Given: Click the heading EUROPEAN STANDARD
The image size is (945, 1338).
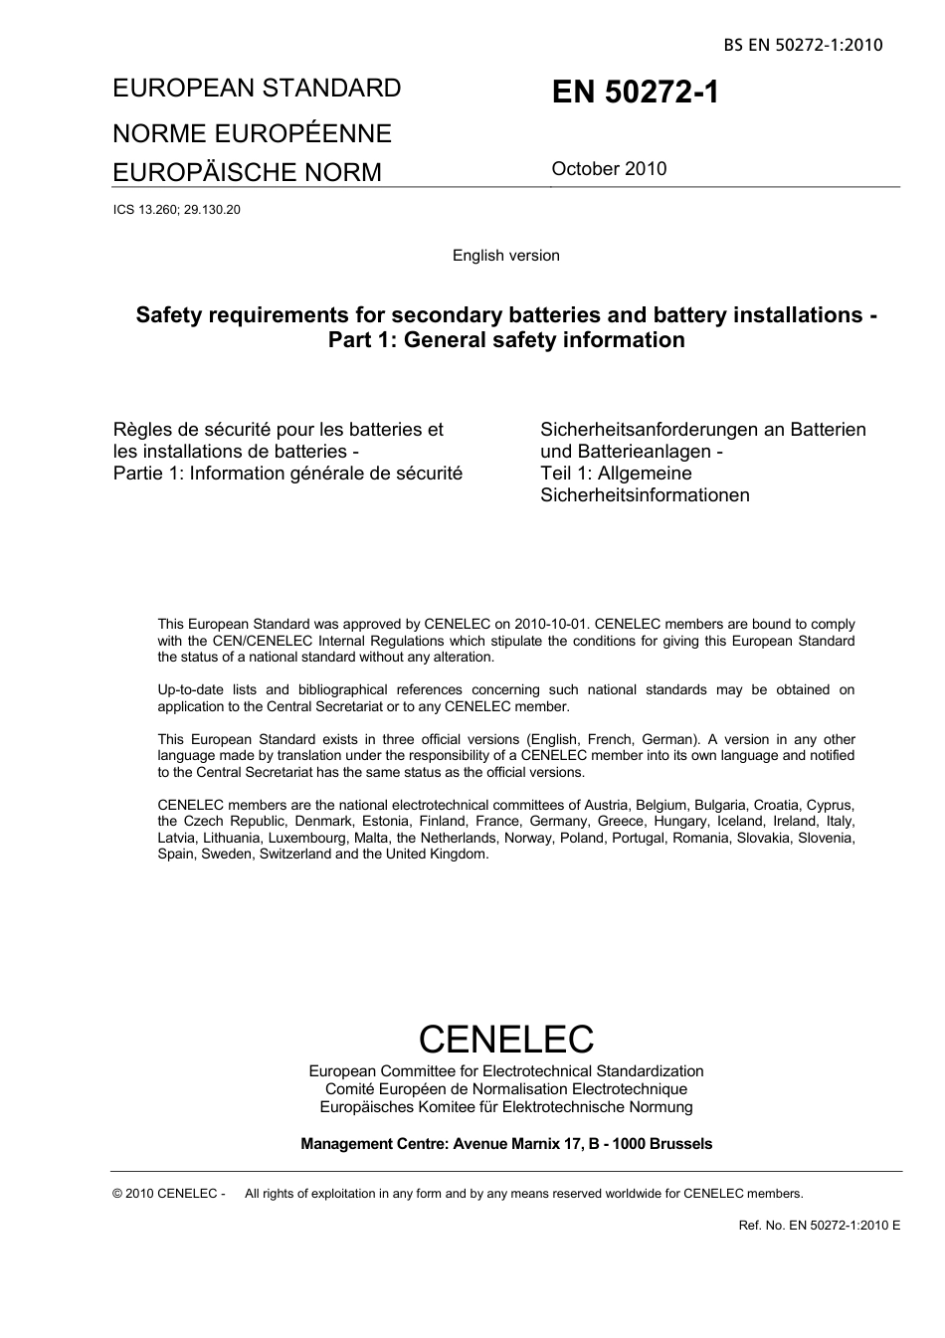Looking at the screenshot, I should (x=257, y=89).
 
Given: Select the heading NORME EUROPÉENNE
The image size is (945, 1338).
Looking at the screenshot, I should (x=252, y=133).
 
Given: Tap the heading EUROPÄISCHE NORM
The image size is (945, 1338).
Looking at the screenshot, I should (x=247, y=172).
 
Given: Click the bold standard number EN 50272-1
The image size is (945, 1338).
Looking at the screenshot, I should (x=635, y=93).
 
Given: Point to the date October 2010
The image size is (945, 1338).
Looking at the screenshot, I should (x=609, y=168).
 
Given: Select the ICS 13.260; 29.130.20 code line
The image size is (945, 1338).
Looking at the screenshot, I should (x=177, y=210).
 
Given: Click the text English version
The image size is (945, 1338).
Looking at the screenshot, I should (x=505, y=256).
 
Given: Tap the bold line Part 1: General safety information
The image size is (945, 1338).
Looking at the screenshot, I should (x=506, y=340).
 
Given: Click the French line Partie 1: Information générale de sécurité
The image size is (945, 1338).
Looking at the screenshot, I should (x=287, y=474).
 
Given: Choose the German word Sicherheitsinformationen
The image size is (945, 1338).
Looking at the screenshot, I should (x=645, y=495).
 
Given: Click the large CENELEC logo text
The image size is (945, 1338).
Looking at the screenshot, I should (x=505, y=1039).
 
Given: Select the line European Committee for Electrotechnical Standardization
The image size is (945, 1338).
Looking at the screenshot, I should (x=505, y=1071).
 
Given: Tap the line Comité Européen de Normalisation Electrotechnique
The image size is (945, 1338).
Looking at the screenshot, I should (x=505, y=1089).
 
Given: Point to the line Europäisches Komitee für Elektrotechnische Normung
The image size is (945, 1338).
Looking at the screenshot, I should (x=505, y=1107).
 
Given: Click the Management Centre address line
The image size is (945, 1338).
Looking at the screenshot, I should (x=505, y=1144).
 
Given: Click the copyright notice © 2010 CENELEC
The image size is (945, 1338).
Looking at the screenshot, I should (x=169, y=1194).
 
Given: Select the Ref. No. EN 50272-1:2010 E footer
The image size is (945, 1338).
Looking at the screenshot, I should (x=819, y=1226).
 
